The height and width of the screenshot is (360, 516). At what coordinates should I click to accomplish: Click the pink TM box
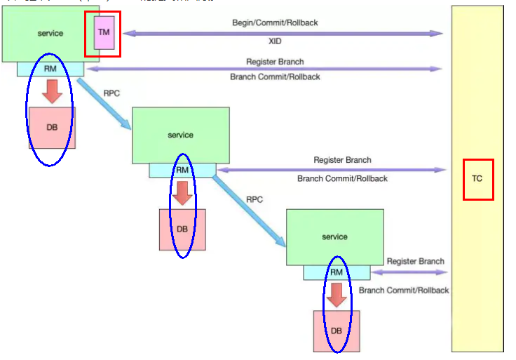click(104, 34)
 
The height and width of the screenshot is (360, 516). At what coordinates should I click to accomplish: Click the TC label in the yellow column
click(477, 179)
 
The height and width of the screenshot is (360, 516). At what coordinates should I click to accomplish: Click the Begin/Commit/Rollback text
click(275, 23)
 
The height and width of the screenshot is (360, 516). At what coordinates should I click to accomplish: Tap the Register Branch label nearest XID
click(275, 62)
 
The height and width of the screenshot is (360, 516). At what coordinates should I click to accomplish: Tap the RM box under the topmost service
click(50, 69)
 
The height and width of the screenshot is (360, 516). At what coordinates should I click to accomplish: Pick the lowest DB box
click(337, 331)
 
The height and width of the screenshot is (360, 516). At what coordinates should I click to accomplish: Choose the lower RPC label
click(254, 199)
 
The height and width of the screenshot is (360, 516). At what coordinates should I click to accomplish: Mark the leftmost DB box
click(52, 127)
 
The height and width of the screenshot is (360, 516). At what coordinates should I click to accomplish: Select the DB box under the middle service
click(182, 229)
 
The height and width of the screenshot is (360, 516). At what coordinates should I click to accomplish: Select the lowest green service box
click(334, 236)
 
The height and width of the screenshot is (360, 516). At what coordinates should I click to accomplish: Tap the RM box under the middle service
click(182, 170)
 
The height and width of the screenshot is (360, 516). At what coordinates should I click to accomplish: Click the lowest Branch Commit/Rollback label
click(404, 290)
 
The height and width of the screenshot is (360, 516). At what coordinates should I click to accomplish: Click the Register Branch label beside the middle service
click(342, 160)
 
